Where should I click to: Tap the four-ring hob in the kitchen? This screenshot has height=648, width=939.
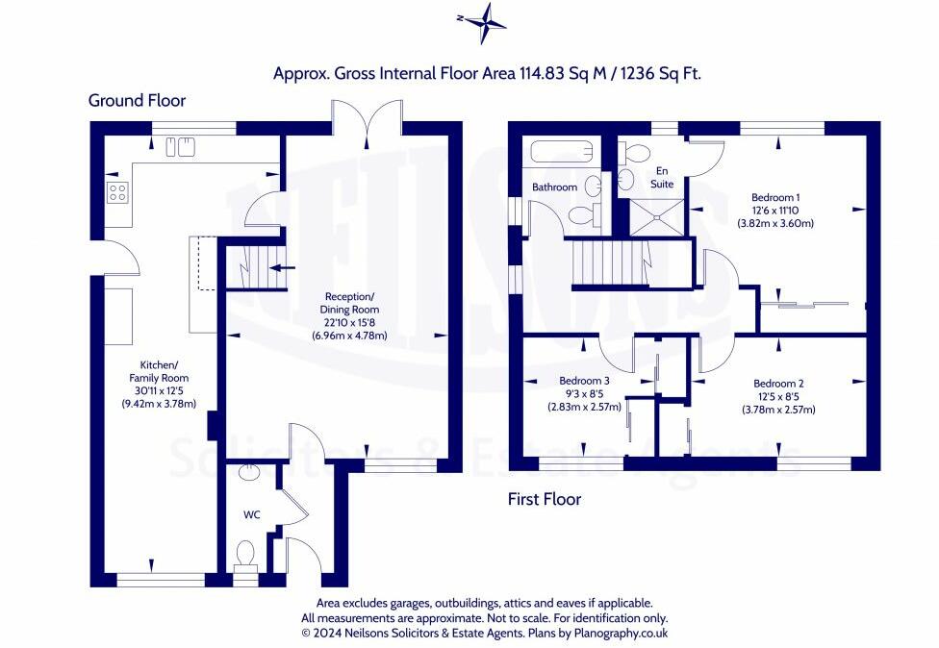pyautogui.click(x=117, y=192)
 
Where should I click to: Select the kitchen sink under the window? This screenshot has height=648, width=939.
pyautogui.click(x=180, y=146)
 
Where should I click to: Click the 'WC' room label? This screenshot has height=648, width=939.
pyautogui.click(x=251, y=514)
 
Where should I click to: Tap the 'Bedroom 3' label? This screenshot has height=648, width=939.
pyautogui.click(x=584, y=381)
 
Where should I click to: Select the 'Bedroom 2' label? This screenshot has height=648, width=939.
pyautogui.click(x=778, y=384)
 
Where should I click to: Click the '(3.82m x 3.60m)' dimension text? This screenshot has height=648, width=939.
pyautogui.click(x=775, y=224)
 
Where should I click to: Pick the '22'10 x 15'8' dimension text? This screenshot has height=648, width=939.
pyautogui.click(x=350, y=322)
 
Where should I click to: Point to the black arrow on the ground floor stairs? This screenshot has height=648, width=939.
pyautogui.click(x=282, y=267)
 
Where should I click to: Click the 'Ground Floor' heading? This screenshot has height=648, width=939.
pyautogui.click(x=138, y=100)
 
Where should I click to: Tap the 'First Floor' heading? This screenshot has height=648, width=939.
pyautogui.click(x=545, y=498)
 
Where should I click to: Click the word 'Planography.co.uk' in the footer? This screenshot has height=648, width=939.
pyautogui.click(x=621, y=633)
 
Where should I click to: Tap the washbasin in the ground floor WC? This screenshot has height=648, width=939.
pyautogui.click(x=247, y=471)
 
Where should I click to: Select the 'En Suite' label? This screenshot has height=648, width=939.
pyautogui.click(x=662, y=177)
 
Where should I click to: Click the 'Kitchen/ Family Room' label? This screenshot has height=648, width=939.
pyautogui.click(x=159, y=371)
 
